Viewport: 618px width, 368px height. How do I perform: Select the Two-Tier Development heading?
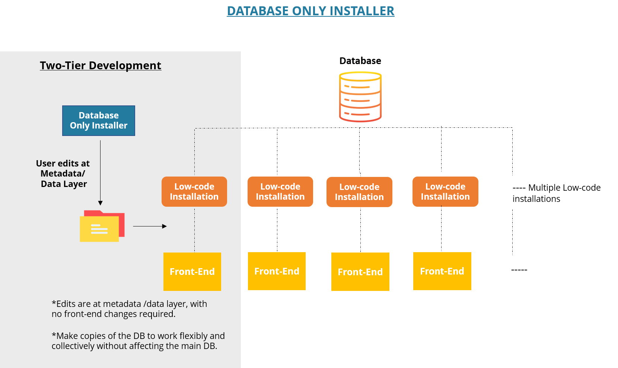(x=101, y=66)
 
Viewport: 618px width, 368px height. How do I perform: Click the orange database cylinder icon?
(x=360, y=97)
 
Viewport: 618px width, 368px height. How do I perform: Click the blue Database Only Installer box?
(x=99, y=121)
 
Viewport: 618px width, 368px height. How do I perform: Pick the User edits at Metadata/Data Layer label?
(x=63, y=174)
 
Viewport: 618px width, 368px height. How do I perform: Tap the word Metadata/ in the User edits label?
(x=63, y=174)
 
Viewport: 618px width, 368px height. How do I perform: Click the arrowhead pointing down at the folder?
(x=100, y=203)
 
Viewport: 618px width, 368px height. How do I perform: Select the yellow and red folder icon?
(x=102, y=226)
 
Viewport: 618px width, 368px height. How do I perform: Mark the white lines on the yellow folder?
(x=99, y=229)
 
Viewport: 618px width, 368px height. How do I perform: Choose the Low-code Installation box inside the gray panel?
(x=194, y=191)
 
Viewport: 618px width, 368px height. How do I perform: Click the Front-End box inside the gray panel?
(x=192, y=272)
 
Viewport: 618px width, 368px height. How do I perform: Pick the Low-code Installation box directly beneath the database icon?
(x=359, y=192)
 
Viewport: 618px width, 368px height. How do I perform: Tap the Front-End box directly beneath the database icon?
(x=360, y=272)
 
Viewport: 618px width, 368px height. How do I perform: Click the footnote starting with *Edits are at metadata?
(x=129, y=309)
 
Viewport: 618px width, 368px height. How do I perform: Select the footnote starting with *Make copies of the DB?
(x=138, y=341)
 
